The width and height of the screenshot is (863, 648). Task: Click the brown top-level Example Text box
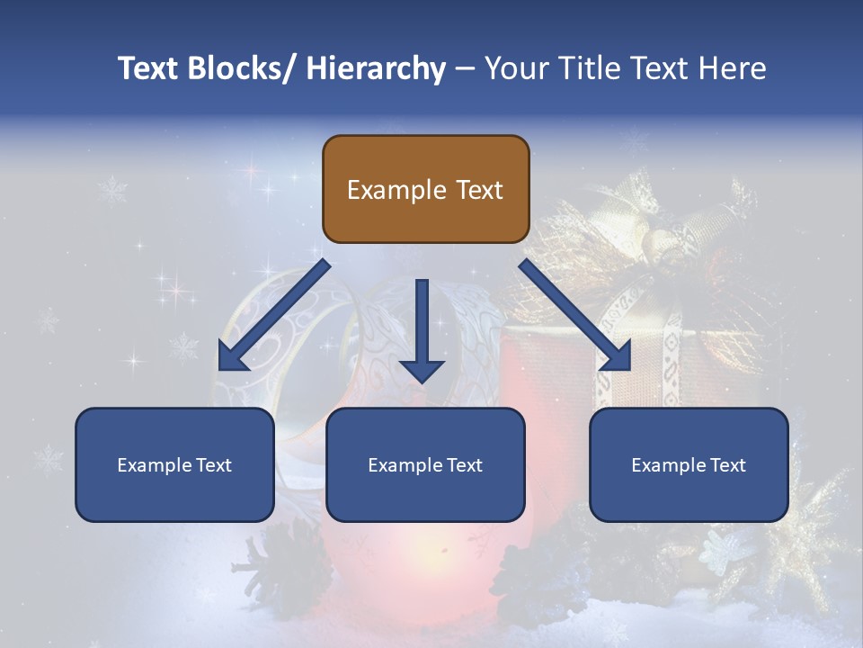click(425, 189)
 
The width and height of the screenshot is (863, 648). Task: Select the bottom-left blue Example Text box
click(174, 464)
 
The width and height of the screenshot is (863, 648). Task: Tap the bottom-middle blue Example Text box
click(425, 464)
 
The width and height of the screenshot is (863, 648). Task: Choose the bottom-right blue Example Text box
click(689, 464)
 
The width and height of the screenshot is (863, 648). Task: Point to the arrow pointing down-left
click(270, 319)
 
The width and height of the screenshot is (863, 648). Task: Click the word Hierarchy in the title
click(376, 68)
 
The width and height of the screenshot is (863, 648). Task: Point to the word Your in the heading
click(515, 68)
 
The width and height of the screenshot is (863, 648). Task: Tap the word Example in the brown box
click(396, 190)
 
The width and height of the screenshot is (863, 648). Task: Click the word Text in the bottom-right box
click(726, 465)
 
